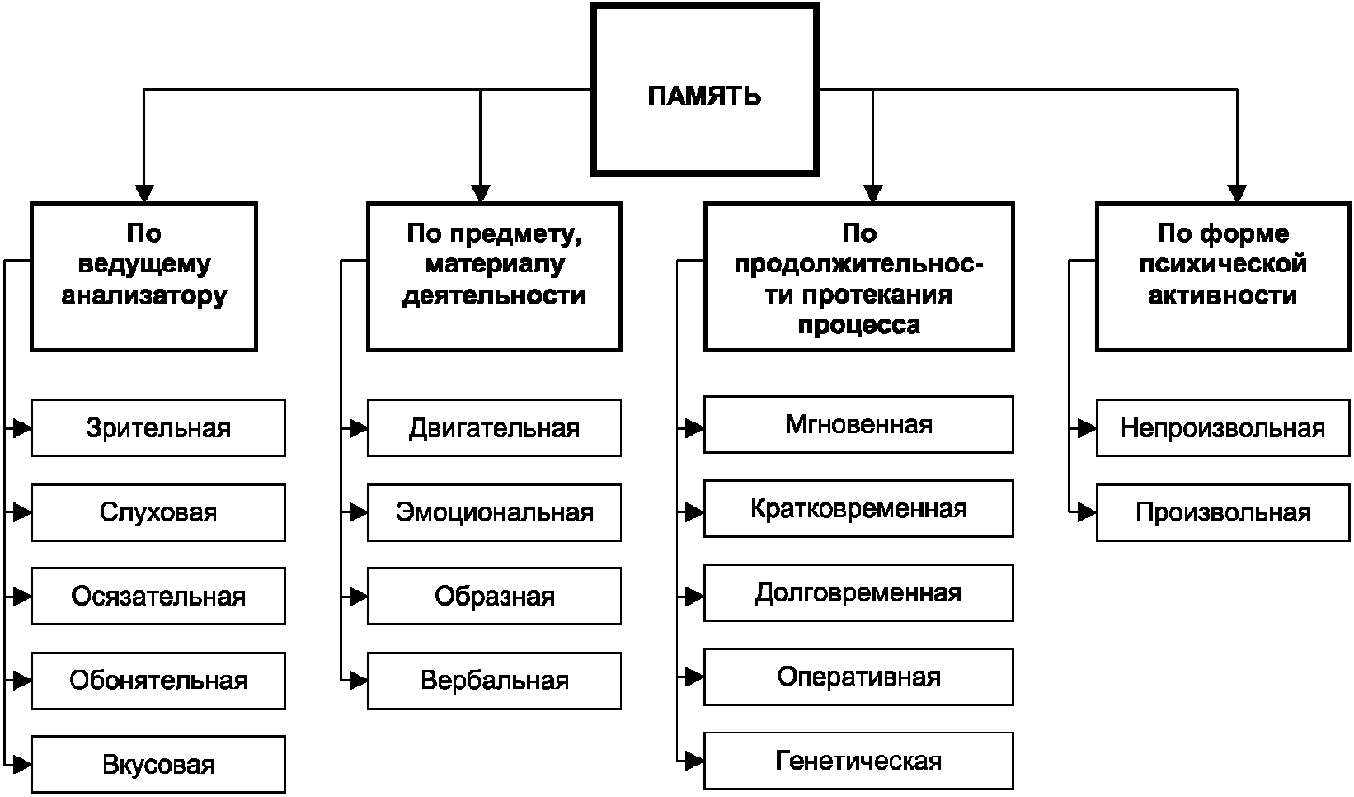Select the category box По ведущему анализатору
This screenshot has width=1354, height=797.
coord(144,276)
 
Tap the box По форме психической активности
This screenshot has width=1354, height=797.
coord(1223,276)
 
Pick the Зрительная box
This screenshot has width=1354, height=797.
coord(158,428)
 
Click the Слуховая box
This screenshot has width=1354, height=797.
coord(158,512)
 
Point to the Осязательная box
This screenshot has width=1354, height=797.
coord(158,596)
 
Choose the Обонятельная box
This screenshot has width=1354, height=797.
coord(158,681)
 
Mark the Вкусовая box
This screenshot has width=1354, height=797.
coord(158,764)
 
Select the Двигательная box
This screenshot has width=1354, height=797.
coord(494,428)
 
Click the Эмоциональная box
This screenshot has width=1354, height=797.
coord(494,512)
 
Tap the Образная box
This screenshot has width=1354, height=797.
coord(494,596)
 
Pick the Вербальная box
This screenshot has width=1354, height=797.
coord(494,681)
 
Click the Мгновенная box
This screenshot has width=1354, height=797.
coord(858,424)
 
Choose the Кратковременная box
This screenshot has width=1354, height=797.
coord(858,508)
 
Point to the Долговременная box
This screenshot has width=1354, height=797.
coord(858,592)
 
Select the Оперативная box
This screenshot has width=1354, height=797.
coord(858,677)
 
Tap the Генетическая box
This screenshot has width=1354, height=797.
coord(858,761)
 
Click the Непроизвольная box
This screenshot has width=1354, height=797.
coord(1223,428)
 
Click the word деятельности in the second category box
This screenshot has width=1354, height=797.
coord(494,295)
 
